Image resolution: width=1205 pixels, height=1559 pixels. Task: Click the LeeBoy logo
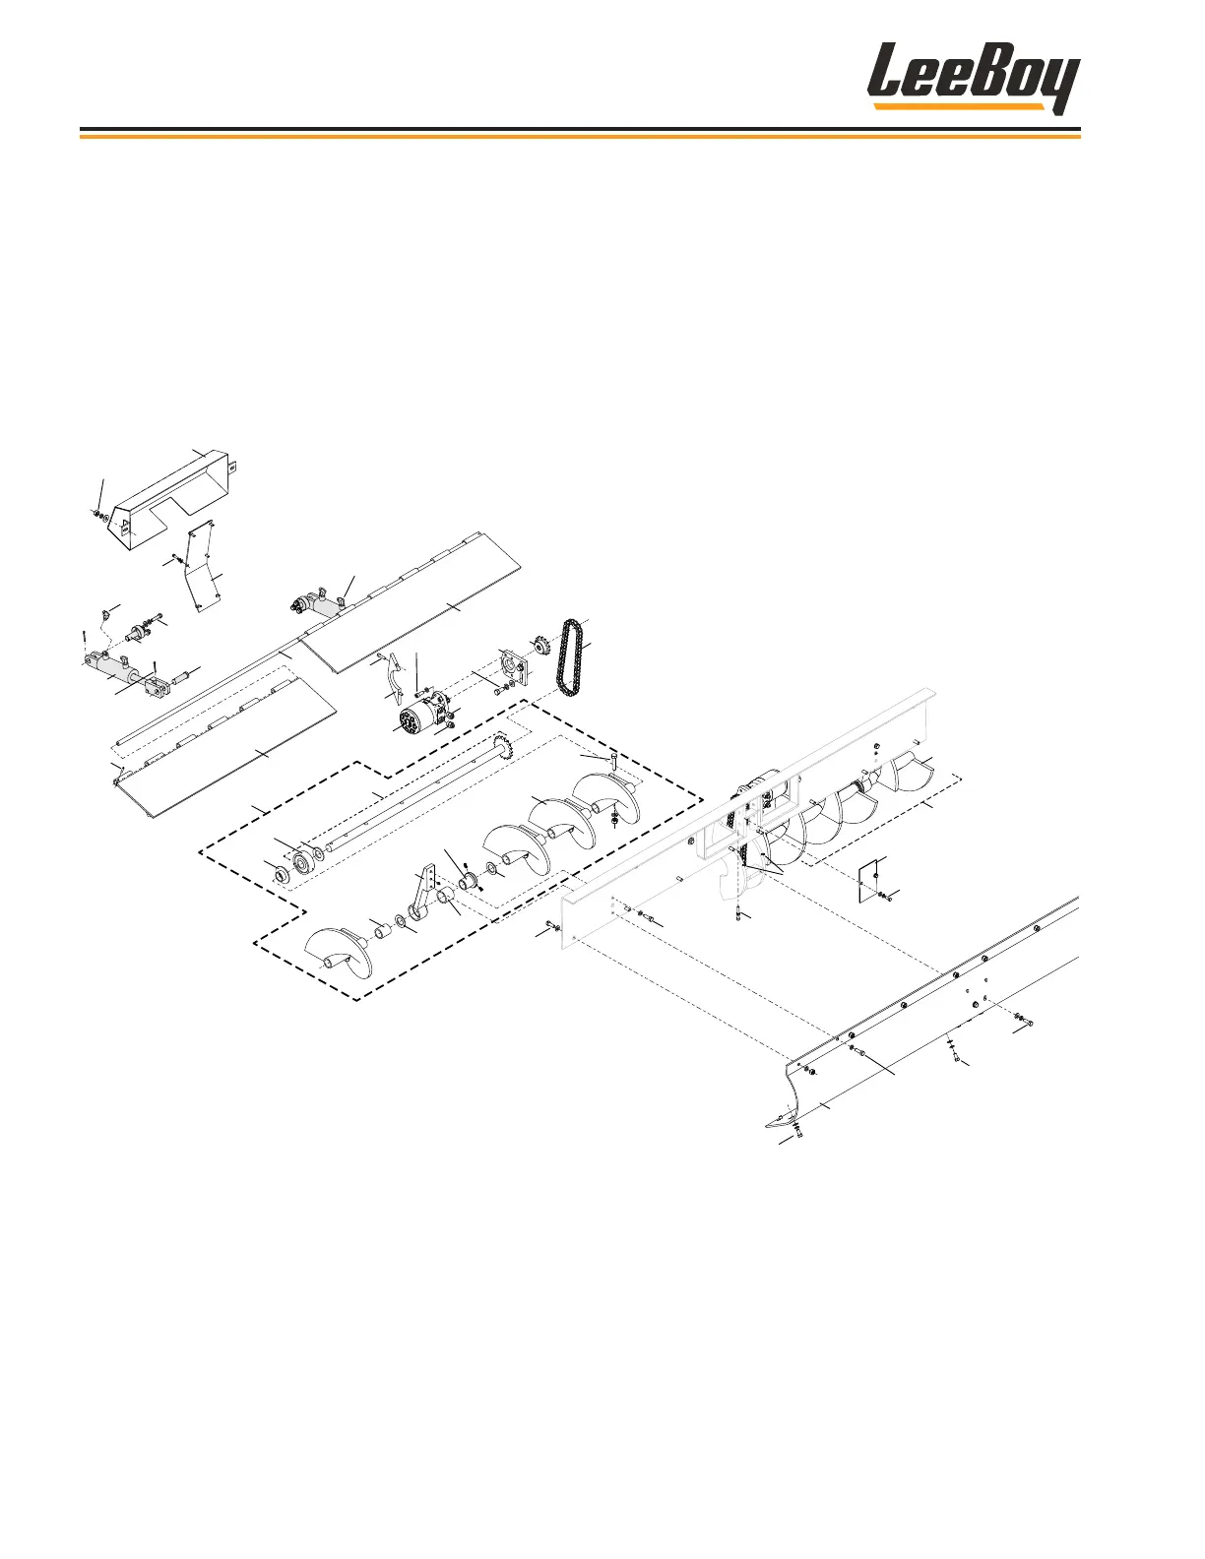(x=973, y=79)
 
